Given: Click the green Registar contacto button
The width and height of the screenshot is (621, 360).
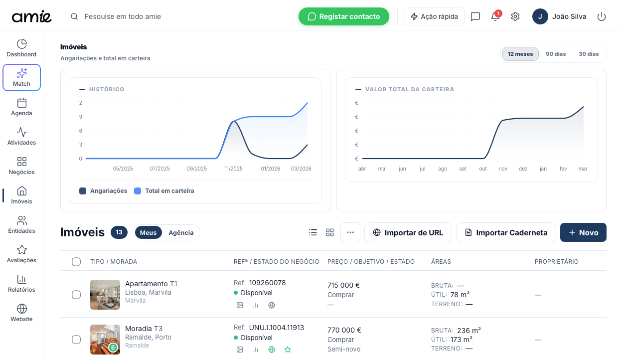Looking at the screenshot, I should point(343,16).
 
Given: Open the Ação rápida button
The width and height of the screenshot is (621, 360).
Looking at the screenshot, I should point(434,16).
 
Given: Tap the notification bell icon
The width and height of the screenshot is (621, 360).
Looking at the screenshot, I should point(495,16).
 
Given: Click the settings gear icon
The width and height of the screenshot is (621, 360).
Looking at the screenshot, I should point(515,16).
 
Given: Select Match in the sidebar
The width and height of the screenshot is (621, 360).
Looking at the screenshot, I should point(21,78).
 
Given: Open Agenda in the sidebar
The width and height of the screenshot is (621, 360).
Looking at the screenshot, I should point(21,107).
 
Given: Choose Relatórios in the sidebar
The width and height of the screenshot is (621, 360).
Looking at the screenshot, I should point(21,284).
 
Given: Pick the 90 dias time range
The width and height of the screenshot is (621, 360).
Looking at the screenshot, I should point(556,54).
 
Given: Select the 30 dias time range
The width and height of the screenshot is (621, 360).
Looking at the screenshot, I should point(589,54).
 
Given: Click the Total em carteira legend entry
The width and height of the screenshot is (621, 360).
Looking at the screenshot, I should point(164,191).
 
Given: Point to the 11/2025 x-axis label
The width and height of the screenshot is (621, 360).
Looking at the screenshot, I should point(233,169).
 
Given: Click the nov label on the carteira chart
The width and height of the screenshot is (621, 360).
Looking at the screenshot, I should point(502,169).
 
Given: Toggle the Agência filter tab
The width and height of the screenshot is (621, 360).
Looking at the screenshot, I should point(181,232).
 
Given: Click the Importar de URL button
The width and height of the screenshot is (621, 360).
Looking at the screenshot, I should point(408,232).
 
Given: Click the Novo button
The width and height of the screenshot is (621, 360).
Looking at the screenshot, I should point(583,232).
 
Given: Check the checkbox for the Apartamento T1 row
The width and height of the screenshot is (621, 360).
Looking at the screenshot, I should point(76,295).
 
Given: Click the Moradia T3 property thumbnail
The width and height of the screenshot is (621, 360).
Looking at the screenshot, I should point(105,340).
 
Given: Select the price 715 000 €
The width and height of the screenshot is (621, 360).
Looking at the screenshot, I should point(343,285).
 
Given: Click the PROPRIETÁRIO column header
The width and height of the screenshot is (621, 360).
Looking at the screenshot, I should point(556,262).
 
